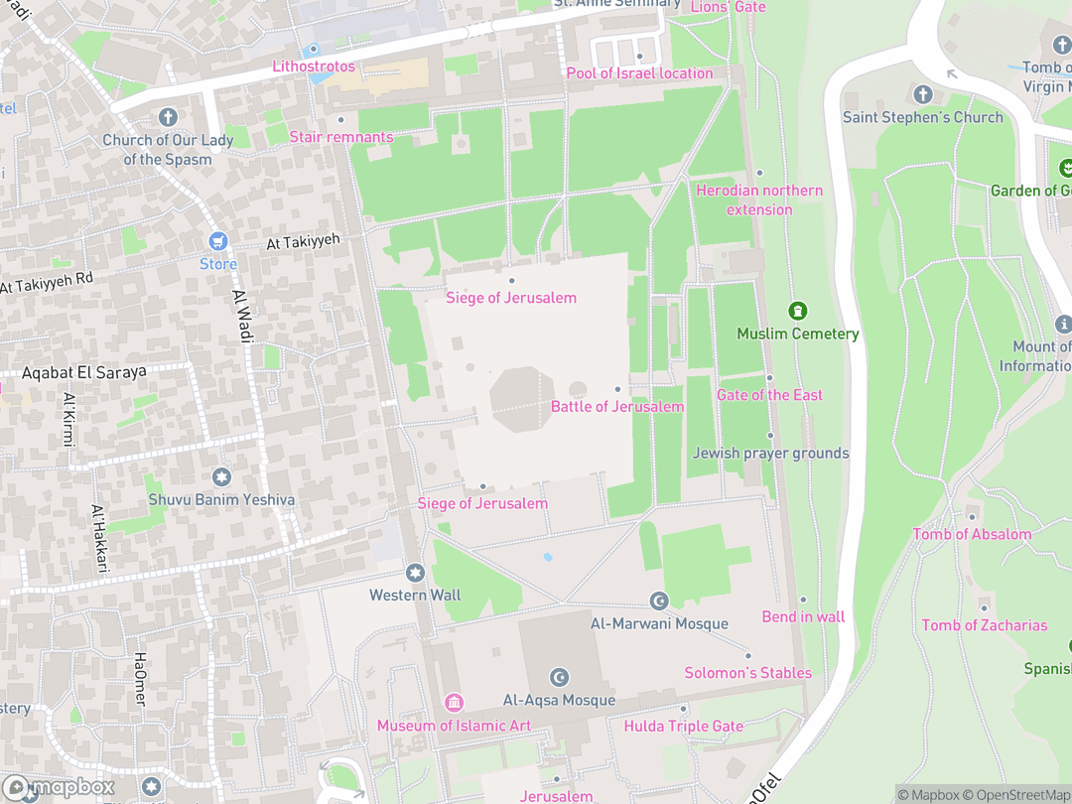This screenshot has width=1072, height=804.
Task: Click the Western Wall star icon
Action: pyautogui.click(x=415, y=573)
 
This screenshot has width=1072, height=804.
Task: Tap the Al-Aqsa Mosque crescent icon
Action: pyautogui.click(x=560, y=678)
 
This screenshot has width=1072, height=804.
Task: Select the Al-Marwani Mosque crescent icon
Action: pyautogui.click(x=659, y=601)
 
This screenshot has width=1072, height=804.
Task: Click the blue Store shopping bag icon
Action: pyautogui.click(x=218, y=241)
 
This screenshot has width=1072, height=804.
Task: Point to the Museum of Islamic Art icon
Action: pyautogui.click(x=454, y=703)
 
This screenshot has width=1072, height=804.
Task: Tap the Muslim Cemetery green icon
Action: pyautogui.click(x=798, y=312)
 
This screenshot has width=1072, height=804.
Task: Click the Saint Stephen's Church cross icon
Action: pyautogui.click(x=923, y=94)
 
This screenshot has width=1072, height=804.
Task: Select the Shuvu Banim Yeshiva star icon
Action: pyautogui.click(x=220, y=477)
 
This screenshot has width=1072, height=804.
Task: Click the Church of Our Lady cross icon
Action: pyautogui.click(x=168, y=117)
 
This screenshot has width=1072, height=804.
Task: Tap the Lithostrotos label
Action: pyautogui.click(x=314, y=67)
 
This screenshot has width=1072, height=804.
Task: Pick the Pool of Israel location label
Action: pyautogui.click(x=639, y=73)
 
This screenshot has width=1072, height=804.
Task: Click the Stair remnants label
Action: pyautogui.click(x=340, y=137)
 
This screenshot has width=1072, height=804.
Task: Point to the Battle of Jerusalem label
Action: pyautogui.click(x=617, y=407)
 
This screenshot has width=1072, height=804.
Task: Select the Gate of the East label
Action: pyautogui.click(x=769, y=395)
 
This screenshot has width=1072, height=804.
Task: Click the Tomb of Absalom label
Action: pyautogui.click(x=972, y=534)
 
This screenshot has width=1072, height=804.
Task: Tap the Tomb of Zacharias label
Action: pyautogui.click(x=984, y=625)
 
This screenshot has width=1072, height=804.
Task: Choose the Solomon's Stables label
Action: pyautogui.click(x=747, y=673)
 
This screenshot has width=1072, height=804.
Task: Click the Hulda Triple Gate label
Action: pyautogui.click(x=683, y=727)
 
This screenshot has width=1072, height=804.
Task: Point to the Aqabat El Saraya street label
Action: pyautogui.click(x=83, y=372)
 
